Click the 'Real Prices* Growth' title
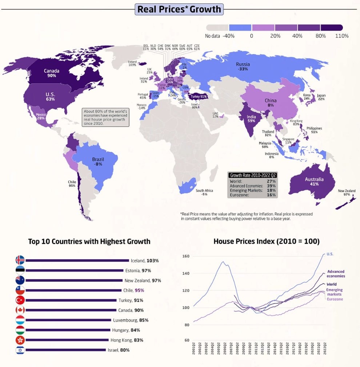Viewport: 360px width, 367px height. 179,9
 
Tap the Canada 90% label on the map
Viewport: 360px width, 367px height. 52,73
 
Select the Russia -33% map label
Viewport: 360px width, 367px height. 243,67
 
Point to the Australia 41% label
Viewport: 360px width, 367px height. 315,181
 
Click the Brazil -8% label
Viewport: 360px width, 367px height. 98,161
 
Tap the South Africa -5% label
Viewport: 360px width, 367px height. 204,192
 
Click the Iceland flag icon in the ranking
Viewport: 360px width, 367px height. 20,260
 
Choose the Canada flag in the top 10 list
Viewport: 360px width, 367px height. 20,310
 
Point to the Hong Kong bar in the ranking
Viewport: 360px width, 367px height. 67,340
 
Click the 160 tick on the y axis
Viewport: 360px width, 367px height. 186,256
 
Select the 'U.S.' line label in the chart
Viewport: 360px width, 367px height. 330,254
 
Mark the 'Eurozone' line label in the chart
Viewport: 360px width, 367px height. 335,299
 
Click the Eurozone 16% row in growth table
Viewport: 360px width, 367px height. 253,195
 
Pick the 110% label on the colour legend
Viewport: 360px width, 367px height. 342,36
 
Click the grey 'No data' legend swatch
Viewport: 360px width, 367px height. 217,28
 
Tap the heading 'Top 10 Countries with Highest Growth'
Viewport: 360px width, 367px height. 89,241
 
